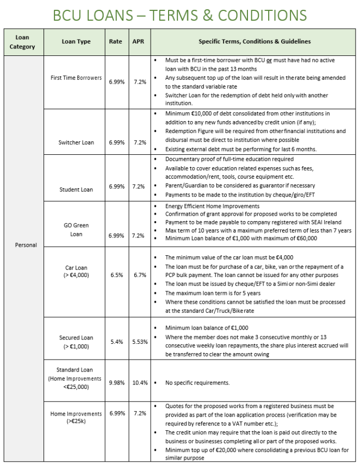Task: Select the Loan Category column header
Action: click(22, 42)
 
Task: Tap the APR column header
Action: click(138, 42)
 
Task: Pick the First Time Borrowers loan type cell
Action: click(76, 78)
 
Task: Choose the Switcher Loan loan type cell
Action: click(76, 142)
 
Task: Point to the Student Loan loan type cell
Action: click(76, 190)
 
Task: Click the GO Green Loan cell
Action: click(76, 230)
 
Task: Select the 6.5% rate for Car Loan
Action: click(116, 275)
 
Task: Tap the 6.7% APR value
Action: click(140, 275)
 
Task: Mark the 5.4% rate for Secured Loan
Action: click(116, 341)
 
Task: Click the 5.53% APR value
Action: click(140, 341)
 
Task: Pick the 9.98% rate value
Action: click(116, 382)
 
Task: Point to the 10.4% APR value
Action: click(140, 382)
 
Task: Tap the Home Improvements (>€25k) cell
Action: click(76, 417)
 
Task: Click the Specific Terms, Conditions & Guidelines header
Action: click(254, 42)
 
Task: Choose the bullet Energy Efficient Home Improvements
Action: click(212, 206)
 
